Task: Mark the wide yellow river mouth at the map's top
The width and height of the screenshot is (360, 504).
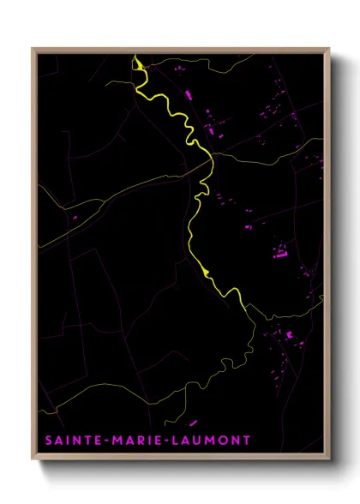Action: tap(135, 62)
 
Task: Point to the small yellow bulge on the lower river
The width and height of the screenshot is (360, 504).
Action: tap(206, 273)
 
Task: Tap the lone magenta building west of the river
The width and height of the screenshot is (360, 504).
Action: tap(75, 218)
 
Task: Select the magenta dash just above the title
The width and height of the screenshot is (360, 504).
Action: tap(192, 423)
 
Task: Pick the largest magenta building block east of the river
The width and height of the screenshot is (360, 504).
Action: tap(279, 250)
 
